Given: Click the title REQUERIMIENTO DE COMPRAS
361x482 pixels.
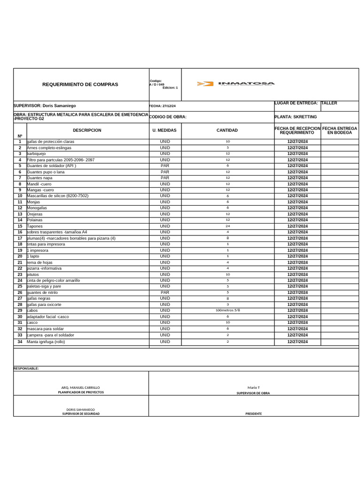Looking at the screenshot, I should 80,85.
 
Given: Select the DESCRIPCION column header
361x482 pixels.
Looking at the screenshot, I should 87,130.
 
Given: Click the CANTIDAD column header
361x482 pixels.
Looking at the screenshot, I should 227,130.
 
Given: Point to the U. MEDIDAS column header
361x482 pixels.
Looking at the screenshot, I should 165,130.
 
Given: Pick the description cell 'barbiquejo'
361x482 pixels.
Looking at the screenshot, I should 36,154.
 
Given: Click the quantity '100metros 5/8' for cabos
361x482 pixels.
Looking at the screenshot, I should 228,311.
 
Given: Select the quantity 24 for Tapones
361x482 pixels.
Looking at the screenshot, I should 228,226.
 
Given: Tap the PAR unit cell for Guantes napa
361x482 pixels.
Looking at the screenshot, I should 165,178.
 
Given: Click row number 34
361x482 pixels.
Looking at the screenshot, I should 20,342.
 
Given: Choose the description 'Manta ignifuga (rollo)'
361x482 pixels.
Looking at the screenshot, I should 46,342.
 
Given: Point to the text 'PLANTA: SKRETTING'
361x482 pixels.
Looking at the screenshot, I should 295,117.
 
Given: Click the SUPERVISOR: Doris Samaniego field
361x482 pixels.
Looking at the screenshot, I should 45,106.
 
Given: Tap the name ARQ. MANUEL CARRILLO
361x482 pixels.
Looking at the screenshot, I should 80,387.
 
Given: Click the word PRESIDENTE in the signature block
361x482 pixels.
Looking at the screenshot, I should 253,414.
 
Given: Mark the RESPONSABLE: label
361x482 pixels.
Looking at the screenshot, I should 26,369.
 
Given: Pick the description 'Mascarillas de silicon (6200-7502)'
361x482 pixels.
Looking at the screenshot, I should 57,196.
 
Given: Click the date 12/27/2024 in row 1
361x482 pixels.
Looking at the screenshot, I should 297,142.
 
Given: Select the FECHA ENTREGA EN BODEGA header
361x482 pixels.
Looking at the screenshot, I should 339,130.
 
